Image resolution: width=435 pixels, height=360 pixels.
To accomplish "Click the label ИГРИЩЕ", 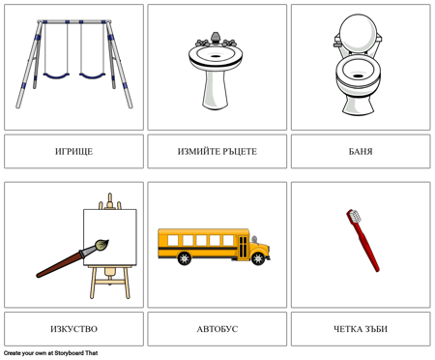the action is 73,151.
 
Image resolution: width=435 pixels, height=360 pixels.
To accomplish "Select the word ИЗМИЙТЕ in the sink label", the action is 198,151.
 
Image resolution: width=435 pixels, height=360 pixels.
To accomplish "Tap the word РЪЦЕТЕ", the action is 239,151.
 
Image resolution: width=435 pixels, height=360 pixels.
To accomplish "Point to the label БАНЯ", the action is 361,151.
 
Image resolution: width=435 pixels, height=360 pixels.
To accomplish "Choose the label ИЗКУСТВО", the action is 73,329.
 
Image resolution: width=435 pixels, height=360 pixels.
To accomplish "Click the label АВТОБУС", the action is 217,329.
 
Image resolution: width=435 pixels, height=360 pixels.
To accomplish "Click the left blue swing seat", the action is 56,76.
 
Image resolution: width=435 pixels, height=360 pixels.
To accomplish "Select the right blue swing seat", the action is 92,76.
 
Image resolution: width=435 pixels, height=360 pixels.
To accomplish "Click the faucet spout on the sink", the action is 216,38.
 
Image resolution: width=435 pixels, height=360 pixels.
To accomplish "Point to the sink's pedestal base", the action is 216,90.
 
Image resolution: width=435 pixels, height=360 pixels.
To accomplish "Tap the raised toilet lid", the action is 358,32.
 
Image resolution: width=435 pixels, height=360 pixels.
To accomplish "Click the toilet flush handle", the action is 337,43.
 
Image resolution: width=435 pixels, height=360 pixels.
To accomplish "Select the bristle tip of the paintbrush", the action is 101,245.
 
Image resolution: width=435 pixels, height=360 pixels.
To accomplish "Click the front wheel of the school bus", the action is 258,258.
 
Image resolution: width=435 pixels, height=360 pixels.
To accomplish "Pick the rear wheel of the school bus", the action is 185,258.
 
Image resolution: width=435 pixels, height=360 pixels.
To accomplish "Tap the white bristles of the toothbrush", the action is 356,216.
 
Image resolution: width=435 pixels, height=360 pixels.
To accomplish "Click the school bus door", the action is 244,247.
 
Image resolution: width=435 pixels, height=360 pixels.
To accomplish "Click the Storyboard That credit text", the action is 51,353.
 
